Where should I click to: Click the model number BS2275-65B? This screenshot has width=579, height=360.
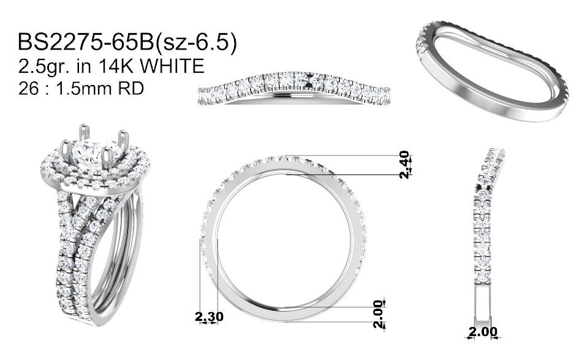86,42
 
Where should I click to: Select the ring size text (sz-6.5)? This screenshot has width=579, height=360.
195,42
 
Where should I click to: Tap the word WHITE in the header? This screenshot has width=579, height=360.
173,66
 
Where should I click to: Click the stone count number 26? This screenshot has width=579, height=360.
28,88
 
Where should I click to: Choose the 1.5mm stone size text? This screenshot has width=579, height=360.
84,88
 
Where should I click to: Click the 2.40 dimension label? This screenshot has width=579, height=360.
405,165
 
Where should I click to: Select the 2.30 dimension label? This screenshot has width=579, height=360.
209,317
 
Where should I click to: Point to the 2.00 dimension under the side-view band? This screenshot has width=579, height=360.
483,332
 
